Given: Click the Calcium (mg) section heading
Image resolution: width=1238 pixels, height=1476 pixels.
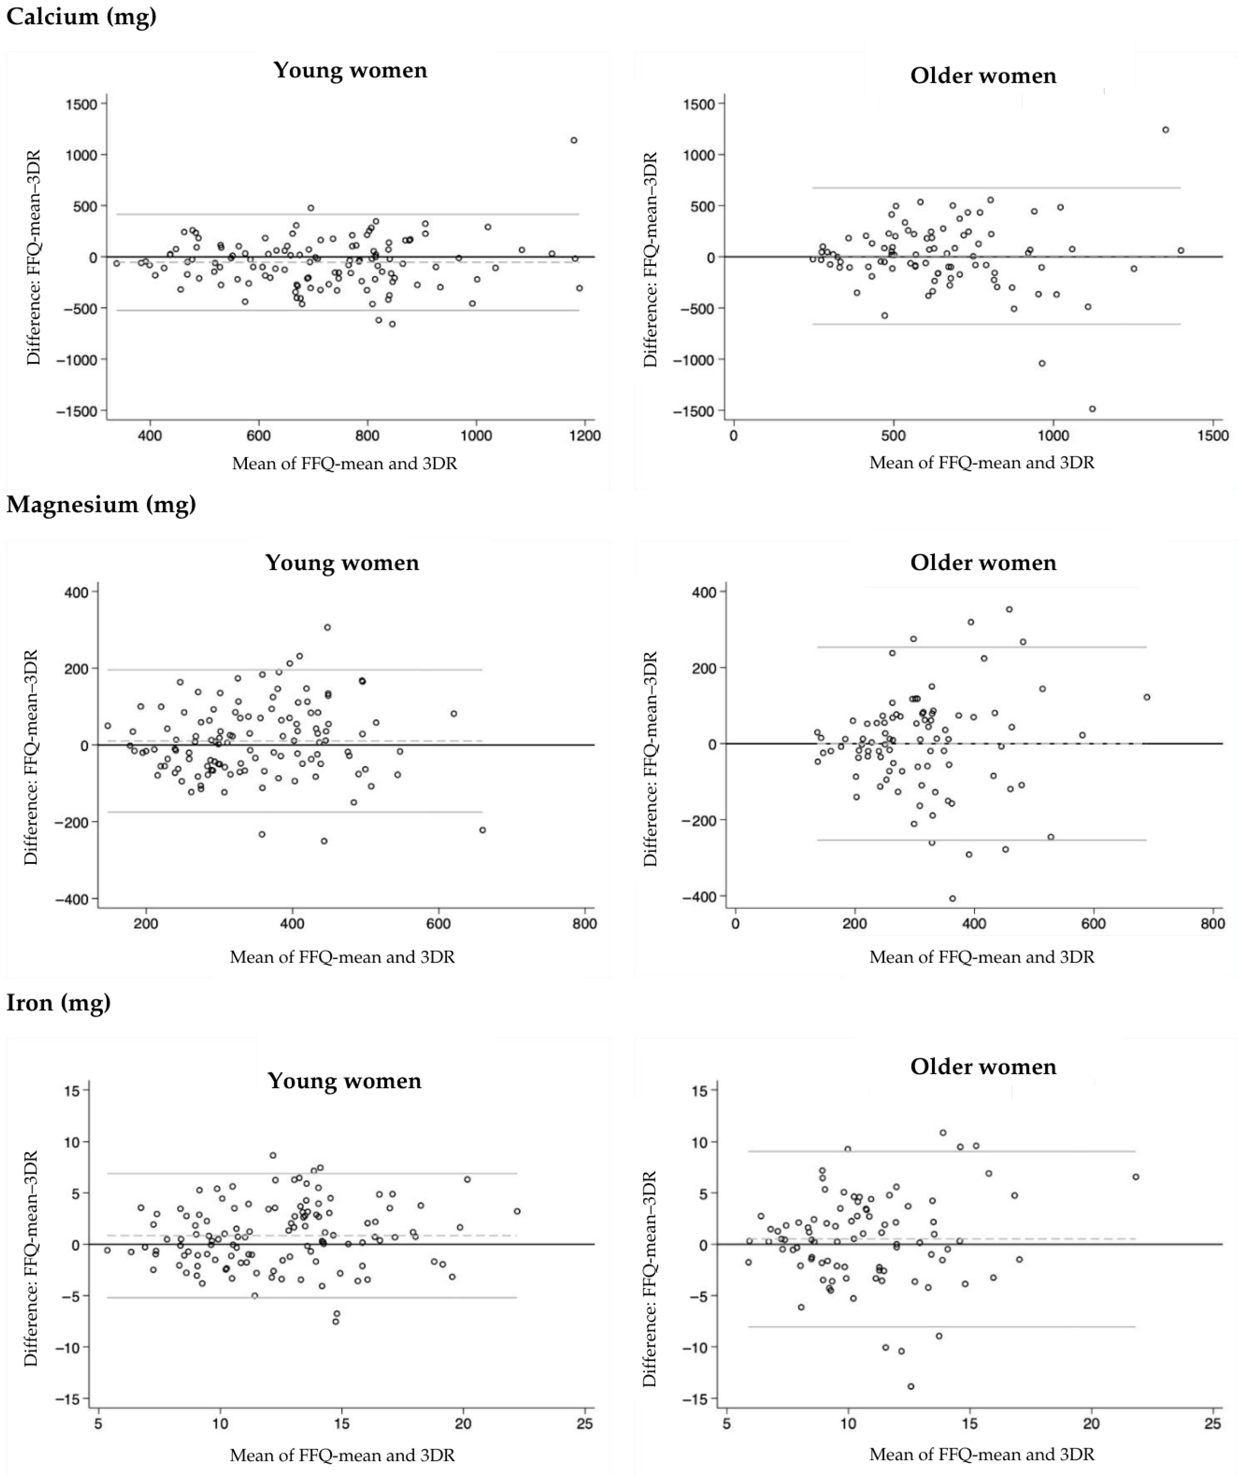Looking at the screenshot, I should click(81, 16).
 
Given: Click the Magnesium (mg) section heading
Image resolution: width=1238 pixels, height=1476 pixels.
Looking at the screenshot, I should click(101, 504).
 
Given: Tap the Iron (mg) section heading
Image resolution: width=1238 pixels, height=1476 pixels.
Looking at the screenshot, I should click(58, 1002).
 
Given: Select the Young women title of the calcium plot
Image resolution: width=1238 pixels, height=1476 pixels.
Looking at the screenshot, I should click(350, 70).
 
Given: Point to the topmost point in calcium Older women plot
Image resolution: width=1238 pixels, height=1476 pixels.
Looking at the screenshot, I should click(1165, 130).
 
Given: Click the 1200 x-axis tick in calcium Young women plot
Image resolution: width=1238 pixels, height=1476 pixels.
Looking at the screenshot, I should click(584, 436).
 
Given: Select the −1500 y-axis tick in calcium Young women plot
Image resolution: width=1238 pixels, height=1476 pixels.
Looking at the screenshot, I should click(77, 411).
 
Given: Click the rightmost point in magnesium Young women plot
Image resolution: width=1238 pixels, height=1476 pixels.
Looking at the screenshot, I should click(482, 830).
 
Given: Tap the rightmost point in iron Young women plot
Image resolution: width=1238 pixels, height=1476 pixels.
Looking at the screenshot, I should click(517, 1211).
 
